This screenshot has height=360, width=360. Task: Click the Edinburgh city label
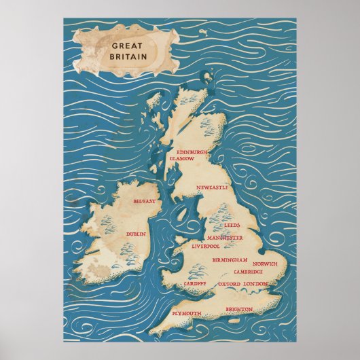[x=191, y=152]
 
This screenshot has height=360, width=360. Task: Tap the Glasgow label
[x=182, y=158]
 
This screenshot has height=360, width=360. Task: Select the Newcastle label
[x=211, y=186]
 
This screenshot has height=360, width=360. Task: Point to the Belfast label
[x=144, y=201]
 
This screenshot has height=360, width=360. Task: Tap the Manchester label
[x=226, y=238]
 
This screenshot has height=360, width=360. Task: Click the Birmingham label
[x=230, y=260]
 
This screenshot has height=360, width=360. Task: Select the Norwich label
[x=264, y=264]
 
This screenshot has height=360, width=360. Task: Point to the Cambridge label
[x=249, y=272]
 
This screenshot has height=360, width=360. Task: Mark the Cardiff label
[x=196, y=283]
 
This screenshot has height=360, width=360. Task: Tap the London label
[x=255, y=283]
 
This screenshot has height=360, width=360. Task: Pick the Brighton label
[x=239, y=309]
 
